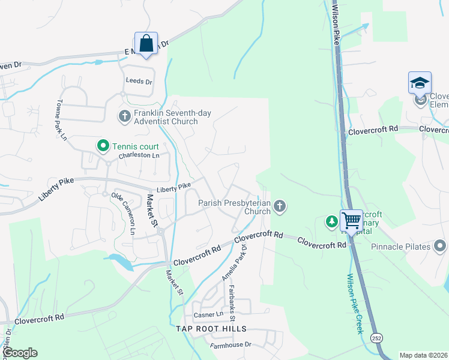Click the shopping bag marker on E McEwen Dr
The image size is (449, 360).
146,44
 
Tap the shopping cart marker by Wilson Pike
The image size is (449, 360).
351,220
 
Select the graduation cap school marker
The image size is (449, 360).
420,83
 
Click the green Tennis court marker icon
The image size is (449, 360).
103,145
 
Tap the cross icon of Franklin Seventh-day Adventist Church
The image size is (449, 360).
124,115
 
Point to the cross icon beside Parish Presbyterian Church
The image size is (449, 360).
279,207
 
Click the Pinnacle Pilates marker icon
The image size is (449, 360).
441,246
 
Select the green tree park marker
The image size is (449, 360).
331,222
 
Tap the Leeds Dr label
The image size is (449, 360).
139,81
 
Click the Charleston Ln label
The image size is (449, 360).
139,155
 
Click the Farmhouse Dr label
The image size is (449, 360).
231,345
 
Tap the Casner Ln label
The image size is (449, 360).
208,314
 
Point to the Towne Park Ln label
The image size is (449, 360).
61,120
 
